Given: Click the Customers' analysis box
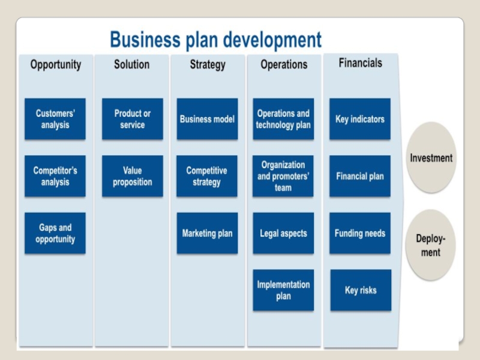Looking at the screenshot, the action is (x=55, y=119).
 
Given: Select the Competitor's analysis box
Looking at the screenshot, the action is (x=55, y=176).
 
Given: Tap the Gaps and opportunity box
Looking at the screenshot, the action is (x=55, y=233).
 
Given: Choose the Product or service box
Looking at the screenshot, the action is (x=132, y=119).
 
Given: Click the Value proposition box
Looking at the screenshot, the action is (x=132, y=176).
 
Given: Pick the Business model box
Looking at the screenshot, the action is (x=207, y=119).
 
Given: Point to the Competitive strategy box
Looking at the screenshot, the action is (x=207, y=176).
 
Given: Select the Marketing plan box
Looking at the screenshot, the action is (x=207, y=233).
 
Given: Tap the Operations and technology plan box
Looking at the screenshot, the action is (x=283, y=119).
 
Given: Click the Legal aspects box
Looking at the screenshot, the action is (x=283, y=233).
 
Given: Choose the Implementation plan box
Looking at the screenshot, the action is (x=283, y=290).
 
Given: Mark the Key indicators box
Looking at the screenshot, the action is (x=360, y=119).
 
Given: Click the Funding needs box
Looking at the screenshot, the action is (x=360, y=233).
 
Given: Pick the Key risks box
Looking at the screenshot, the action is (x=361, y=290).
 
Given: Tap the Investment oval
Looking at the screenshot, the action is (x=431, y=158).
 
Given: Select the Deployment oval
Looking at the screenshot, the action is (x=431, y=244).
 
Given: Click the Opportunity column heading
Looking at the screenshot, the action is (x=56, y=64).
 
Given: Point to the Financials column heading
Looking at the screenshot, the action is (x=360, y=62).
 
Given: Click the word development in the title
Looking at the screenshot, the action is (x=272, y=40).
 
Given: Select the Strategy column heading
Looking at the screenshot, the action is (x=208, y=64).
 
